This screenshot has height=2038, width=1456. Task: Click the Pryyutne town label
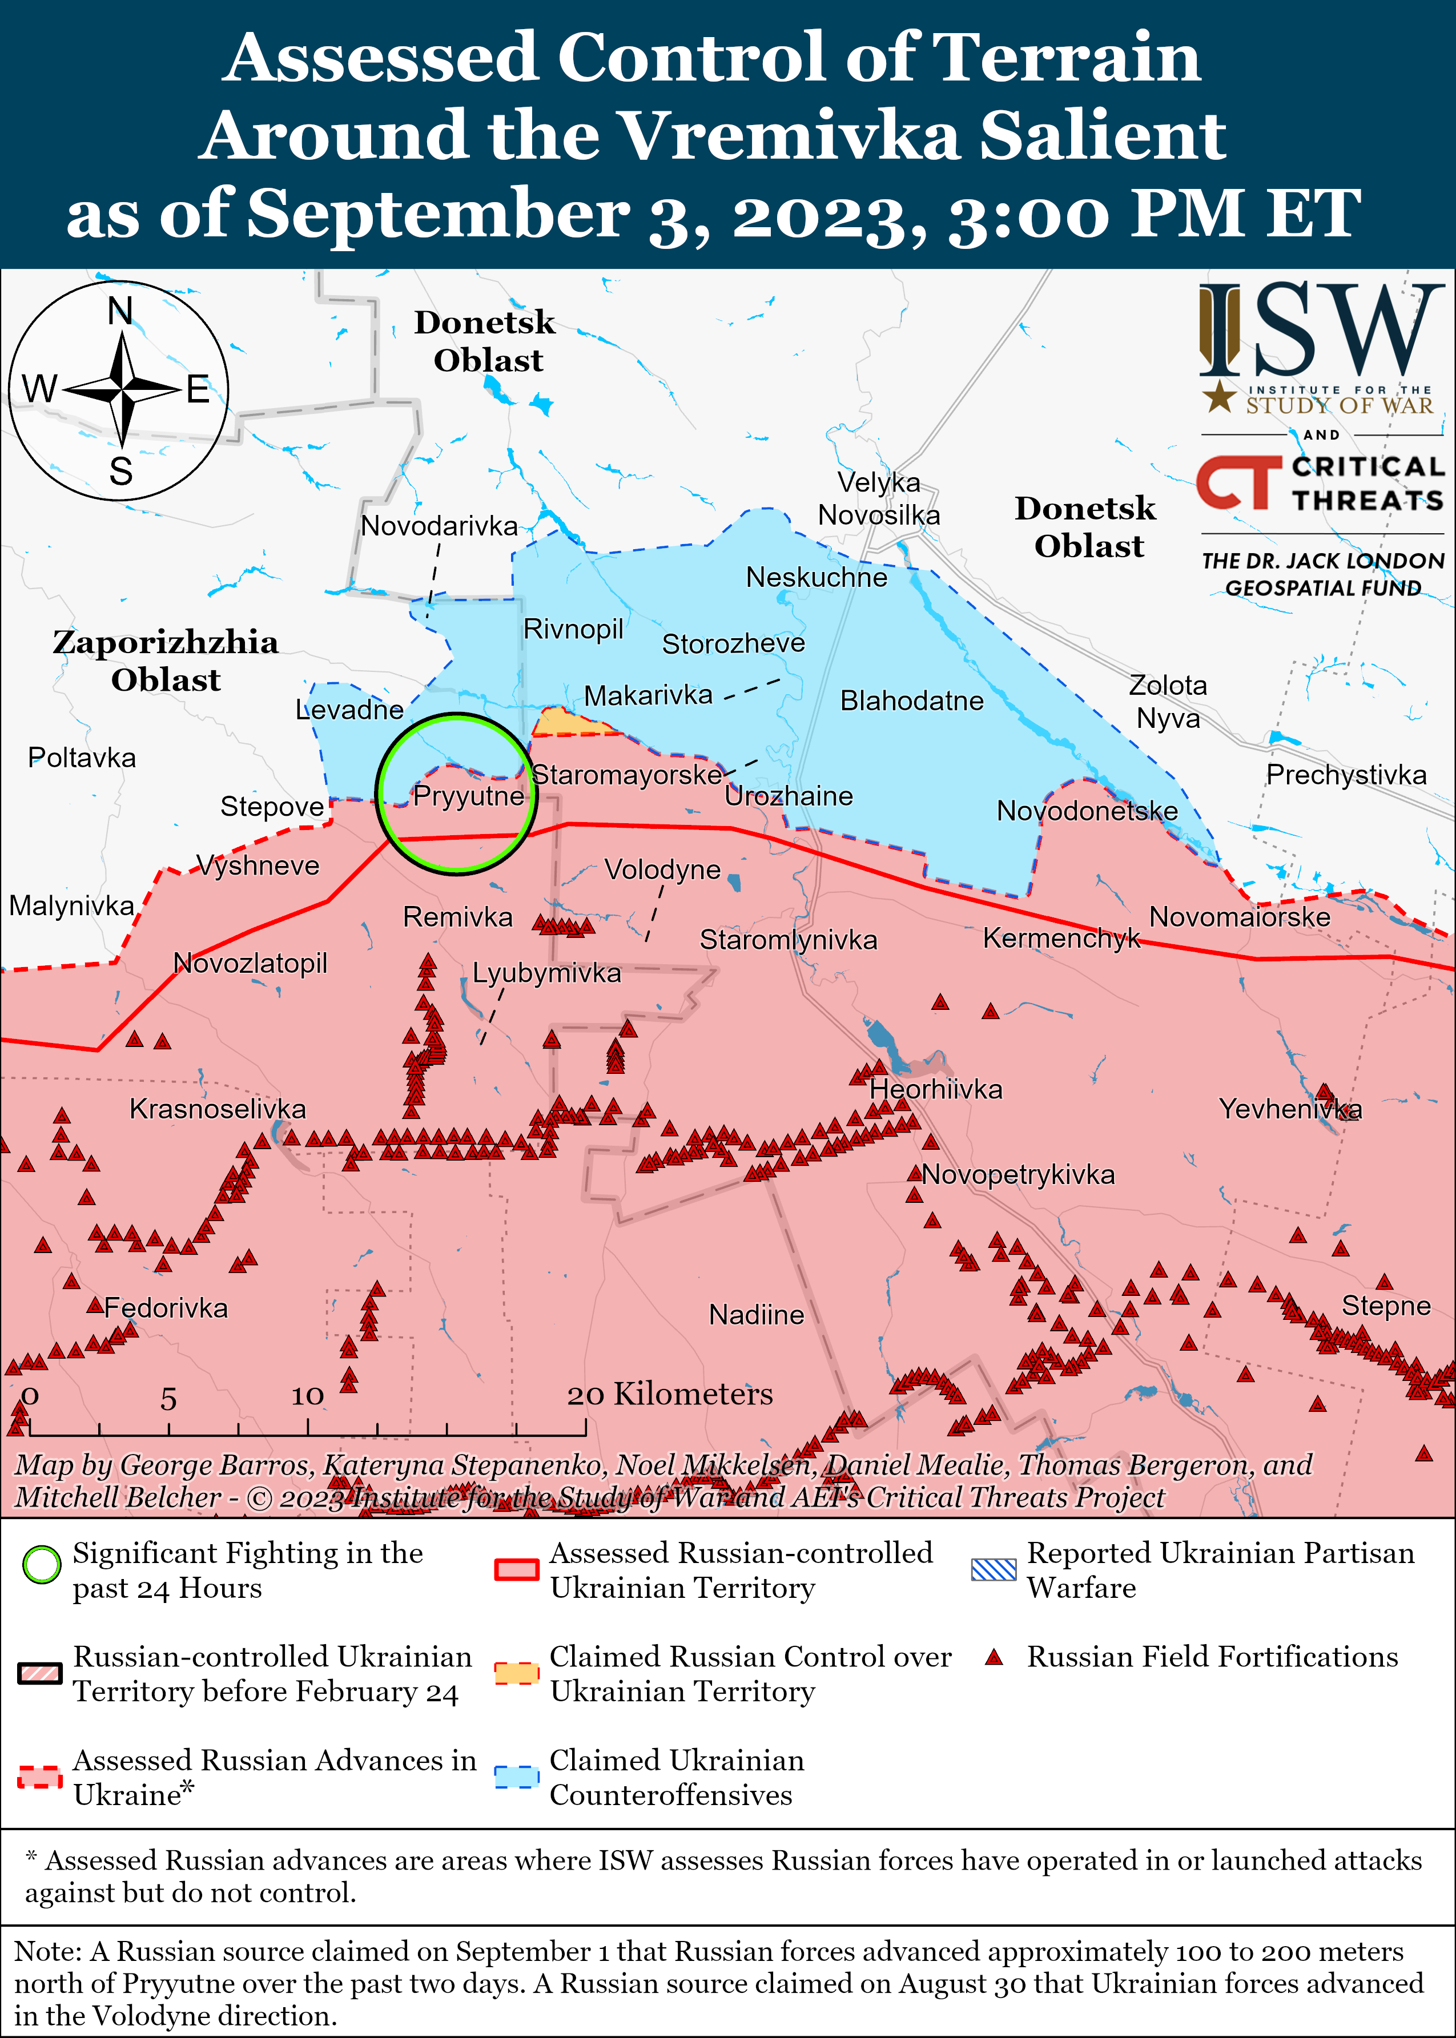click(468, 796)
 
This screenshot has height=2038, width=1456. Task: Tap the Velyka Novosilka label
click(879, 498)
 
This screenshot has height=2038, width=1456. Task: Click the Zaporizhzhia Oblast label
click(166, 660)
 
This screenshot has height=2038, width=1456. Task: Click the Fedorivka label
click(166, 1308)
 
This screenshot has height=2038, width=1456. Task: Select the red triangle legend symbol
click(994, 1657)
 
